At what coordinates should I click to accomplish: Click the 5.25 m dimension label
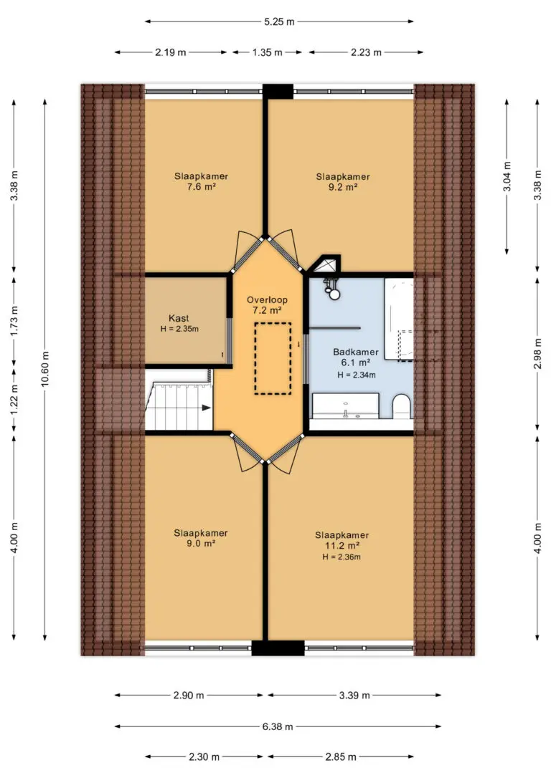pos(279,21)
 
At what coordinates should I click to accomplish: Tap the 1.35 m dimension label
pos(268,52)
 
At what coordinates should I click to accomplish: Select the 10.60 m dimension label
pos(45,368)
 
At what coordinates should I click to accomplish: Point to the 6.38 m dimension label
pos(278,726)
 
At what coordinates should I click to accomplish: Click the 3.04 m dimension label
pos(507,177)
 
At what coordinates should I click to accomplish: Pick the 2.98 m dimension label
pos(537,354)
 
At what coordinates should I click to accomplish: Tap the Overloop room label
pos(268,299)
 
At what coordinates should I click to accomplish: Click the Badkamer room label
pos(356,352)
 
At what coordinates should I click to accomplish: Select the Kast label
pos(179,319)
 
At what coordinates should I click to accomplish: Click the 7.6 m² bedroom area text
pos(201,186)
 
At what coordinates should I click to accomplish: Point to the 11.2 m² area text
pos(342,546)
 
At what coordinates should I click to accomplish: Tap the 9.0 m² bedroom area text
pos(201,544)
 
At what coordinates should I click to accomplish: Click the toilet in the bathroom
pos(402,406)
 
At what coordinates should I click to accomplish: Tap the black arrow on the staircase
pos(206,408)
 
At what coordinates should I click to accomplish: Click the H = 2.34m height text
pos(357,375)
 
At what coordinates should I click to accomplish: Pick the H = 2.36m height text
pos(342,557)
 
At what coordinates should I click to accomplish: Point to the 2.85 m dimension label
pos(341,757)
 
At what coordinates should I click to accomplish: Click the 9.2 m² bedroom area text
pos(344,187)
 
